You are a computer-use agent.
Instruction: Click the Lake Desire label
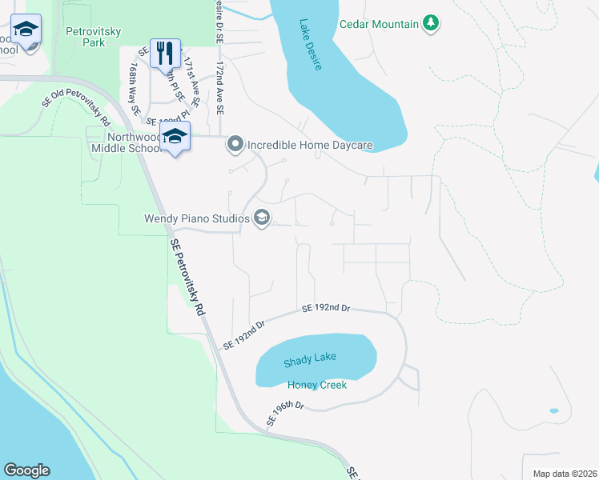pyautogui.click(x=312, y=46)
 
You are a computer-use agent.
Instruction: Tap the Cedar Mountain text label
pyautogui.click(x=379, y=24)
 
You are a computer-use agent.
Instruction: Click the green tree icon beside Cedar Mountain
pyautogui.click(x=432, y=23)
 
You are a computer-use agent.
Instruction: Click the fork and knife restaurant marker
pyautogui.click(x=165, y=54)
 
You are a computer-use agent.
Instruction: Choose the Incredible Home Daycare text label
pyautogui.click(x=310, y=145)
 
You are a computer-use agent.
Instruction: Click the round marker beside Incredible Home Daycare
pyautogui.click(x=235, y=145)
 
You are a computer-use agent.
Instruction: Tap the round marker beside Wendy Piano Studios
pyautogui.click(x=261, y=218)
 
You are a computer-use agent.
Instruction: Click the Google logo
pyautogui.click(x=26, y=470)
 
